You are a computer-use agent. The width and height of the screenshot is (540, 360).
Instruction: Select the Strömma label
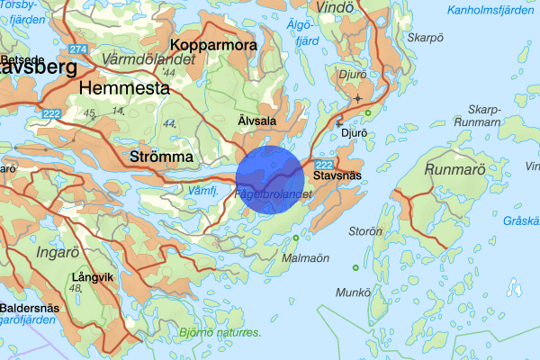[163, 157]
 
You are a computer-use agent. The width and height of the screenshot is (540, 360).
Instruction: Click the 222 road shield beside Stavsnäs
[326, 163]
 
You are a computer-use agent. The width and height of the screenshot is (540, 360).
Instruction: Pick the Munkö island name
[352, 292]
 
